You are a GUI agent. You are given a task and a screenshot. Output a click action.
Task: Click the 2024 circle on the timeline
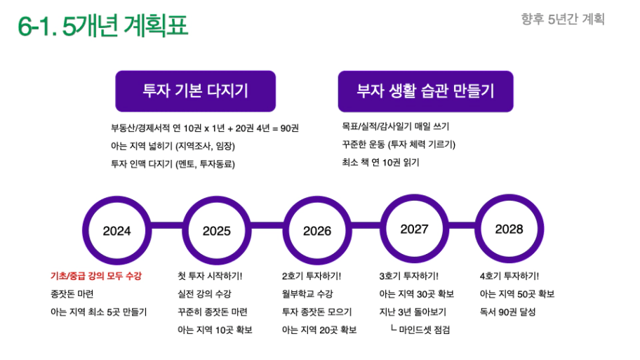[x=116, y=231]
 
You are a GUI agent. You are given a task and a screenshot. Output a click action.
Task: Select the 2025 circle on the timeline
[x=217, y=231]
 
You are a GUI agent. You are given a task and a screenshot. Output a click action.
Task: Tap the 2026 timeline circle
[x=317, y=231]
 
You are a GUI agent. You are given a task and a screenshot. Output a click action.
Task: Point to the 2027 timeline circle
[x=414, y=229]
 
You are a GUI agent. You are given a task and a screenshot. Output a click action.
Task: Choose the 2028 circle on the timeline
[x=509, y=229]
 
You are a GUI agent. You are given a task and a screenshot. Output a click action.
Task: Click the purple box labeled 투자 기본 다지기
[x=196, y=91]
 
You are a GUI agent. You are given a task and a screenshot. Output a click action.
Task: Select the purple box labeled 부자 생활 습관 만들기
[x=426, y=91]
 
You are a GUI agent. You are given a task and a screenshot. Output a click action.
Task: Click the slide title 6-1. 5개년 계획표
[x=103, y=25]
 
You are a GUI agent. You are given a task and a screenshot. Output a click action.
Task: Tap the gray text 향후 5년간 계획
[x=563, y=19]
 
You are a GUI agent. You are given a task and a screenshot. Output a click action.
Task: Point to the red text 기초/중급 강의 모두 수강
[x=96, y=276]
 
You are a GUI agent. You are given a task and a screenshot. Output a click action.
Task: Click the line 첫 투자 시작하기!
[x=210, y=276]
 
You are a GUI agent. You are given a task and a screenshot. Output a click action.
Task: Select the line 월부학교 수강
[x=307, y=294]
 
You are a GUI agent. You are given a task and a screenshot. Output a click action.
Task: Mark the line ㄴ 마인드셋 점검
[x=420, y=329]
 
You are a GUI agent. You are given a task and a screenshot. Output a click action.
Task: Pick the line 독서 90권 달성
[x=507, y=312]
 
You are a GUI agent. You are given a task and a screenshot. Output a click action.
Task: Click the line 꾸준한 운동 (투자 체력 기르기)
[x=399, y=145]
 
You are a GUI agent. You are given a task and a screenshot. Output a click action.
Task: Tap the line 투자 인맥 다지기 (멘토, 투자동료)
[x=173, y=164]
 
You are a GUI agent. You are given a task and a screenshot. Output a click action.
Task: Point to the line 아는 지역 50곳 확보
[x=517, y=294]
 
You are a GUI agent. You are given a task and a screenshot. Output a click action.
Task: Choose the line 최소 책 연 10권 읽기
[x=381, y=162]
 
